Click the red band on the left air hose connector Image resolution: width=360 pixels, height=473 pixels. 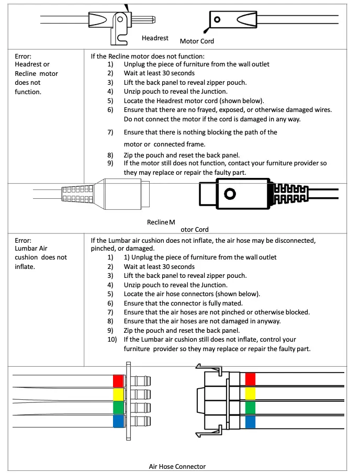coord(118,381)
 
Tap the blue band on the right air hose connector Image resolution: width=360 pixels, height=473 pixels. coord(250,422)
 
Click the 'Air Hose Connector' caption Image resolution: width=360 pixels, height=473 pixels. coord(177,466)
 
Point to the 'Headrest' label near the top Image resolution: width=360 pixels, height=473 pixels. coord(155,38)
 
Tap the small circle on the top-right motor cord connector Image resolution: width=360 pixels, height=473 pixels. coord(217,20)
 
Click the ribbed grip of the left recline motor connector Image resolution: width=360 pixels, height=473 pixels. coord(78,194)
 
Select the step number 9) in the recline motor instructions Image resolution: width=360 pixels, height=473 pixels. coord(110,163)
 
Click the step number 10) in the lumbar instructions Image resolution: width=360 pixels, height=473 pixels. coord(112,340)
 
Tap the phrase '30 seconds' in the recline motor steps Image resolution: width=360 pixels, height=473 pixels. coord(178,73)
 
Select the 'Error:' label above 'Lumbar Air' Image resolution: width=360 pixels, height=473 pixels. coord(23,241)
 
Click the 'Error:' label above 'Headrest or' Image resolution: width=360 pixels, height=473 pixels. coord(23,55)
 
